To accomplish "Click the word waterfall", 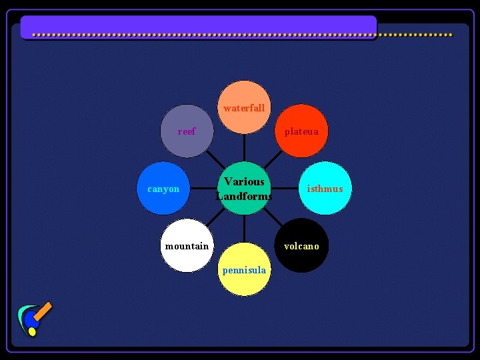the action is [244, 108].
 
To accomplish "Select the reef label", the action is [187, 131].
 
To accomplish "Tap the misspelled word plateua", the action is [301, 131].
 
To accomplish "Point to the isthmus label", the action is [325, 189].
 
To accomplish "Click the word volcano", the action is [301, 246].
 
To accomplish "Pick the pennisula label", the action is [244, 270].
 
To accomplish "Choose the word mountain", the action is [187, 246].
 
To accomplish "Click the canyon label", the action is [163, 189].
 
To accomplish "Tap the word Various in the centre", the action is [244, 181].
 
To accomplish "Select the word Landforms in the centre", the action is [244, 196].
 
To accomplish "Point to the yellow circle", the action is [245, 283].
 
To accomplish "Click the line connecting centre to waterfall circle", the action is [245, 147].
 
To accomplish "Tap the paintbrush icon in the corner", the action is [33, 319].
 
